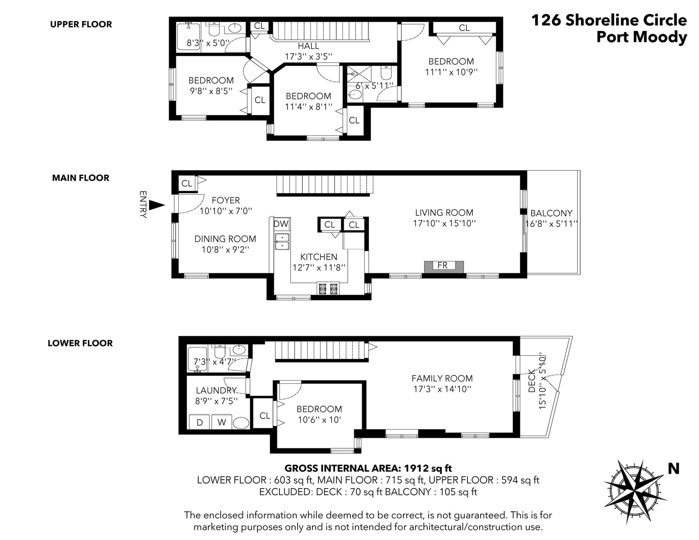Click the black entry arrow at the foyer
157,205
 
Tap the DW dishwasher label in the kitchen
281,224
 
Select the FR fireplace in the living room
444,266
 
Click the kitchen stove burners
328,288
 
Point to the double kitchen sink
282,242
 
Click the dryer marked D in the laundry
200,422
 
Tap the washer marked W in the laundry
221,422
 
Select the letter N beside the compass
674,469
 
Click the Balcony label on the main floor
551,213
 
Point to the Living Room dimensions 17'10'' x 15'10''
444,223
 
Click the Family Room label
442,378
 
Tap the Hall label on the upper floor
308,46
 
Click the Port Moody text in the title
642,37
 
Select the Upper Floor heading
81,24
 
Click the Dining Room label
225,239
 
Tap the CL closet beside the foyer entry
187,183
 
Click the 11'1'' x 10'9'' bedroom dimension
451,72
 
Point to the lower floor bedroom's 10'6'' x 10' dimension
319,420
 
